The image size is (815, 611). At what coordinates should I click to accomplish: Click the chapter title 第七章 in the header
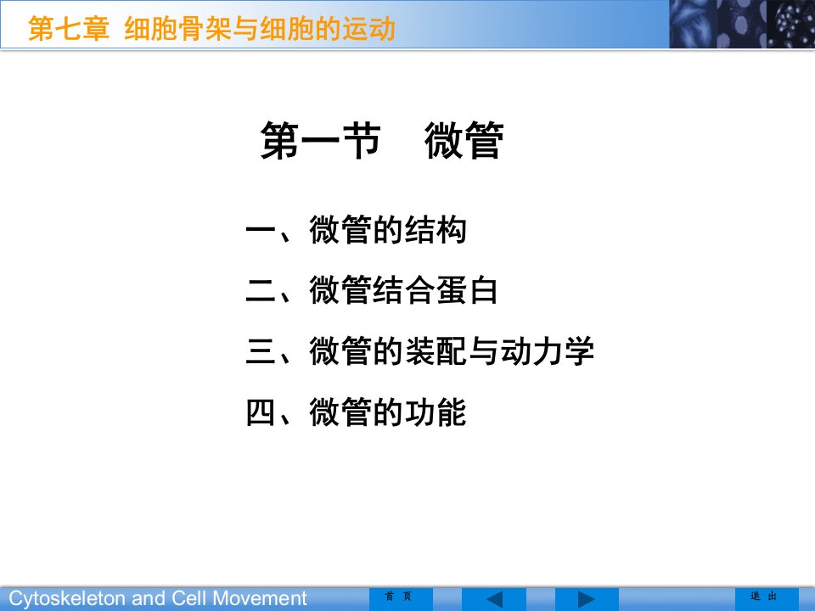(69, 28)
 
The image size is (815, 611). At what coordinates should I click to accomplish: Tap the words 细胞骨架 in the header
(177, 28)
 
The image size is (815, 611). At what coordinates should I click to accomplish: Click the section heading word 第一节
(320, 140)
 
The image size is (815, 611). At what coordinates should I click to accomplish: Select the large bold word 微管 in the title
(464, 140)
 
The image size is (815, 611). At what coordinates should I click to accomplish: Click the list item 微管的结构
(388, 230)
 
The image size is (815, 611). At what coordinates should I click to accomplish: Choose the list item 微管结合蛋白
(403, 290)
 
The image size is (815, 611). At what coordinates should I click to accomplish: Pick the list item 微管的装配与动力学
(452, 350)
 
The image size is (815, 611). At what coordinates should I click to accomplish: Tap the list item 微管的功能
(388, 412)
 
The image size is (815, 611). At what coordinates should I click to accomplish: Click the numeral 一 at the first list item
(261, 230)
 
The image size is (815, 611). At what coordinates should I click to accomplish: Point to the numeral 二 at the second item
(261, 290)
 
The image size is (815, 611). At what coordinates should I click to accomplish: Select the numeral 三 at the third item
(261, 350)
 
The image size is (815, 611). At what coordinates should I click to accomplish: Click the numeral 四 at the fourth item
(261, 412)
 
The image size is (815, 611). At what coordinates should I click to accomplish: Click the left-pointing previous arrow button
(494, 599)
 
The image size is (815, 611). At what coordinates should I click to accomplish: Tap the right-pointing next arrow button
(587, 599)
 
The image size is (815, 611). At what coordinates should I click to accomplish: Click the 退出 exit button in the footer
(763, 597)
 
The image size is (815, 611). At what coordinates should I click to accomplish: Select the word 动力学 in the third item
(547, 350)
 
